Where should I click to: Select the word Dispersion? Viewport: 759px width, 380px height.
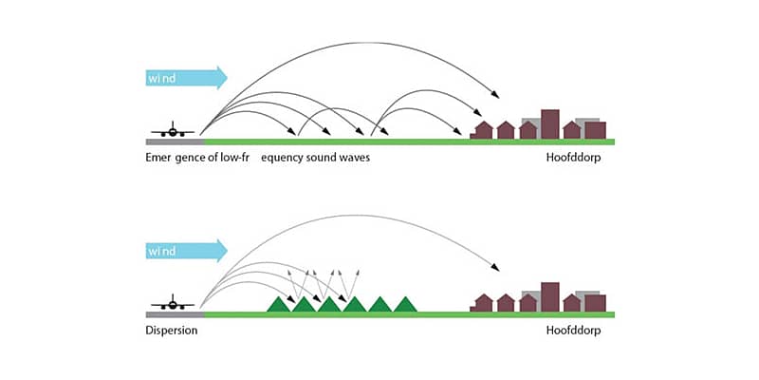(172, 332)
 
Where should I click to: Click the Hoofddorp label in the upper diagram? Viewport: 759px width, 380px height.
(573, 157)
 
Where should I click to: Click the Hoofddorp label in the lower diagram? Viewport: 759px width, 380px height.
(573, 332)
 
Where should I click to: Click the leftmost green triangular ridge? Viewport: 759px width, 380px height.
(280, 304)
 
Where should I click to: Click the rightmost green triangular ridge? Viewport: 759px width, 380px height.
(405, 304)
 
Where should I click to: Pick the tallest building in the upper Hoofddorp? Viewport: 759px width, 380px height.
(550, 124)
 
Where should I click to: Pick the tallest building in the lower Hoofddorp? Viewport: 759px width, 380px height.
(550, 296)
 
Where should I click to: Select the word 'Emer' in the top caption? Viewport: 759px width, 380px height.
(160, 157)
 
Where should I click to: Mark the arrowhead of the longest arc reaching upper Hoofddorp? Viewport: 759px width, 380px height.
(497, 96)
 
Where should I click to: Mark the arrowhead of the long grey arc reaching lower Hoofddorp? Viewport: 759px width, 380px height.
(497, 269)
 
